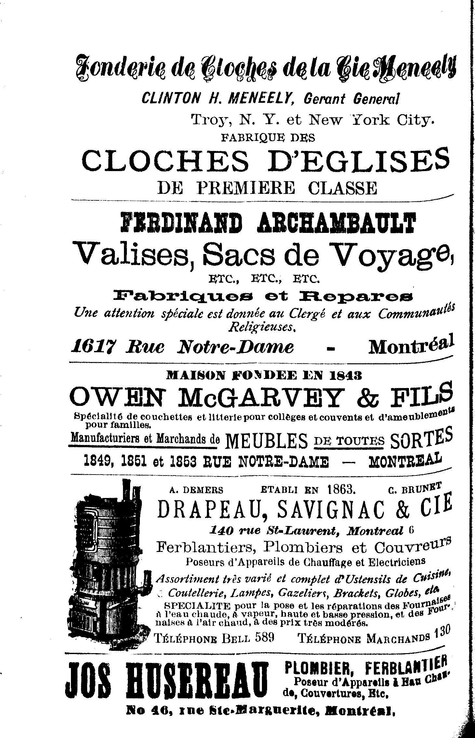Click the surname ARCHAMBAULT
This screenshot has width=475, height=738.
point(336,223)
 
